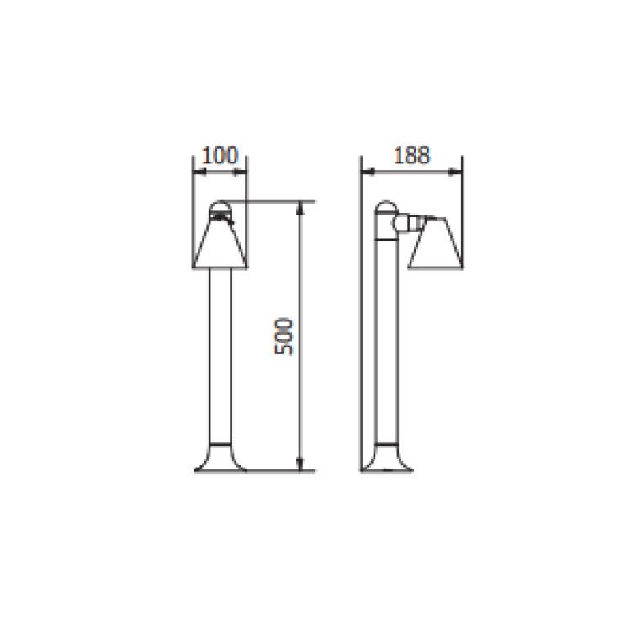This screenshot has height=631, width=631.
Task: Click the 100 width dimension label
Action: [x=220, y=156]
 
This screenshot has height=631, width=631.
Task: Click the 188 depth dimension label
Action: [x=412, y=156]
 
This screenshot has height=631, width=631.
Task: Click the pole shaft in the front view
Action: [x=220, y=353]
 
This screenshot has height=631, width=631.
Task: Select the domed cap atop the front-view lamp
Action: [x=220, y=207]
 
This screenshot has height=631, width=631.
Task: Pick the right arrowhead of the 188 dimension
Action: [x=459, y=172]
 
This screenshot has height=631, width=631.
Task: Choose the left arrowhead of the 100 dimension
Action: [x=198, y=172]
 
